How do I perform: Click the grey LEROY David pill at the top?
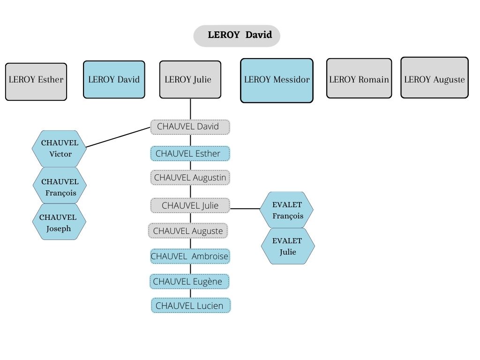point(237,36)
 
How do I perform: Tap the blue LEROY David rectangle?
point(114,79)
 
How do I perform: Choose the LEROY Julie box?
point(190,79)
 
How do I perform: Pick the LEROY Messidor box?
point(277,80)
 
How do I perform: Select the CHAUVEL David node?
point(190,127)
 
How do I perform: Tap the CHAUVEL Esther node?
point(190,153)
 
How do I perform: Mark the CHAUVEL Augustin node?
point(190,178)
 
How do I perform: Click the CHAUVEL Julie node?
point(190,205)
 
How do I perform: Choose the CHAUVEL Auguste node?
point(188,231)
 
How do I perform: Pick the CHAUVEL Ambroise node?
point(190,256)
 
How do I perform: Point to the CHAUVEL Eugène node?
point(190,281)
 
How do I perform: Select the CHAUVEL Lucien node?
point(190,306)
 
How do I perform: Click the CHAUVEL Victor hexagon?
point(60,149)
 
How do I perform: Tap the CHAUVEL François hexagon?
point(60,186)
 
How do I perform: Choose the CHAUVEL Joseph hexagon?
point(59,222)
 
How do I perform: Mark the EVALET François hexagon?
point(287,210)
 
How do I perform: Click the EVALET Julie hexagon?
point(288,246)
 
